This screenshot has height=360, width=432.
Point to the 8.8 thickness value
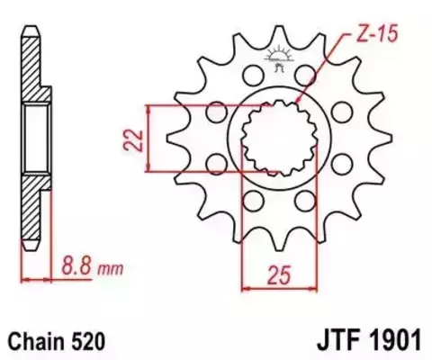click(78, 266)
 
